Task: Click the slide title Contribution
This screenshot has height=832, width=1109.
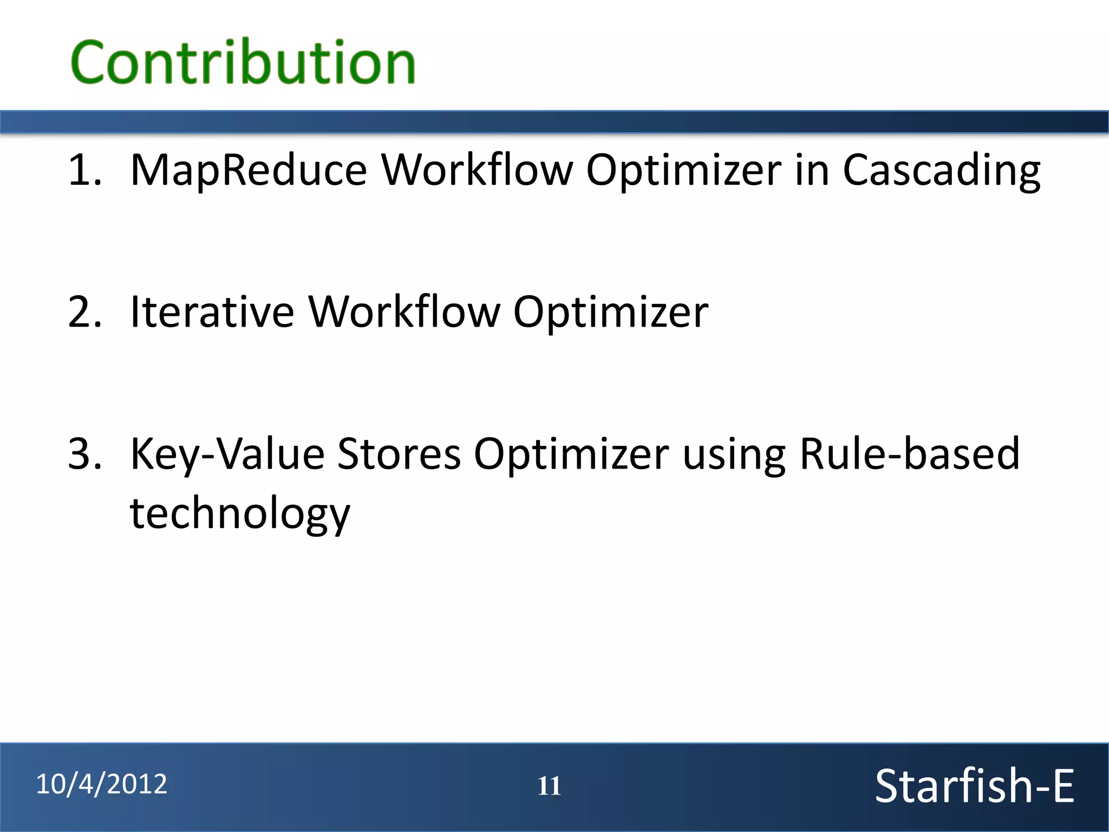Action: pyautogui.click(x=243, y=63)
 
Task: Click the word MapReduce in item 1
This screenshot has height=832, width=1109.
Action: pyautogui.click(x=249, y=171)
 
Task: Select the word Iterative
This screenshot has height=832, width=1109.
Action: pyautogui.click(x=212, y=313)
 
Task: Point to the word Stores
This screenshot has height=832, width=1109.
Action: pyautogui.click(x=399, y=454)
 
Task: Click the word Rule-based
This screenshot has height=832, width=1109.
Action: pyautogui.click(x=910, y=454)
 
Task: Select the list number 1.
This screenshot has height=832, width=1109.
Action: pyautogui.click(x=84, y=171)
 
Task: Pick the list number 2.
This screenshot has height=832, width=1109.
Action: pyautogui.click(x=84, y=313)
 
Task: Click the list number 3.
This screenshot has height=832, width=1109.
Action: pyautogui.click(x=84, y=454)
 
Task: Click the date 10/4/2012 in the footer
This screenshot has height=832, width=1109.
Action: pyautogui.click(x=102, y=784)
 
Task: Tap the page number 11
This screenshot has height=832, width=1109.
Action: pyautogui.click(x=549, y=786)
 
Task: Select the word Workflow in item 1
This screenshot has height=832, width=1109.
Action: pyautogui.click(x=477, y=171)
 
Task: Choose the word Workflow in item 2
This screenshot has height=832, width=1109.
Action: pyautogui.click(x=404, y=313)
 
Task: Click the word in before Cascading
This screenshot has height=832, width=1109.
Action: pyautogui.click(x=812, y=171)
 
